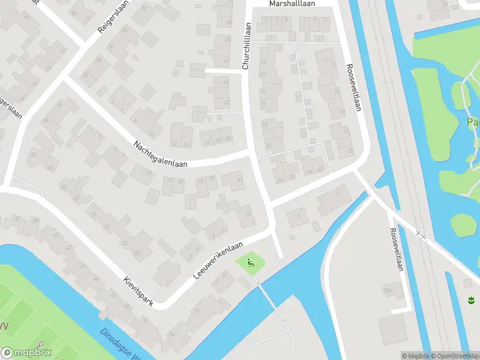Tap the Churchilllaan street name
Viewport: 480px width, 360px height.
click(x=245, y=46)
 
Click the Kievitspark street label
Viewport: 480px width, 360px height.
click(x=139, y=292)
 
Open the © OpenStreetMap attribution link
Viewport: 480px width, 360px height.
click(x=456, y=356)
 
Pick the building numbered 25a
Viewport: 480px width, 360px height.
click(x=388, y=291)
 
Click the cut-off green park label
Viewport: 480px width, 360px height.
click(x=473, y=123)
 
